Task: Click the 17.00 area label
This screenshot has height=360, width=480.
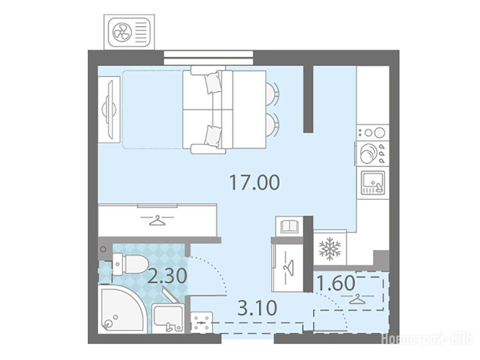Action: [x=255, y=182]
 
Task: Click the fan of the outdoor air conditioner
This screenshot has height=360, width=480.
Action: [x=122, y=32]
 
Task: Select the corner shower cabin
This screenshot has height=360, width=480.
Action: [x=122, y=309]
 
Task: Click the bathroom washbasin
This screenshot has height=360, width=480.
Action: [x=168, y=318]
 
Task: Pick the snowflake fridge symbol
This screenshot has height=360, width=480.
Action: [x=330, y=247]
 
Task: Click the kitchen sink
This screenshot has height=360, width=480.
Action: [x=373, y=183]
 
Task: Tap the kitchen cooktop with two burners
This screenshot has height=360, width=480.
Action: [x=373, y=133]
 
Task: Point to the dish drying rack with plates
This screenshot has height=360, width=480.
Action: [x=372, y=154]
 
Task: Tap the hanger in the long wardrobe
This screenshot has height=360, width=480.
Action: [x=157, y=220]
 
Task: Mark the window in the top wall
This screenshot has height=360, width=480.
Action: [x=209, y=58]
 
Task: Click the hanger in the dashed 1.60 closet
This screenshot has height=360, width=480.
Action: [x=358, y=300]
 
